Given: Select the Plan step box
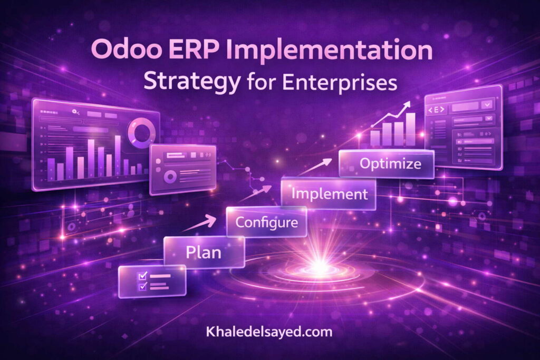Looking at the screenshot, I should [x=204, y=252].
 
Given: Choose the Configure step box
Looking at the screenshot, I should [x=266, y=222].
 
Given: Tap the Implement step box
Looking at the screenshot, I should [x=329, y=193].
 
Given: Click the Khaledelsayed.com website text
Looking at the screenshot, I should [x=269, y=332].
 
